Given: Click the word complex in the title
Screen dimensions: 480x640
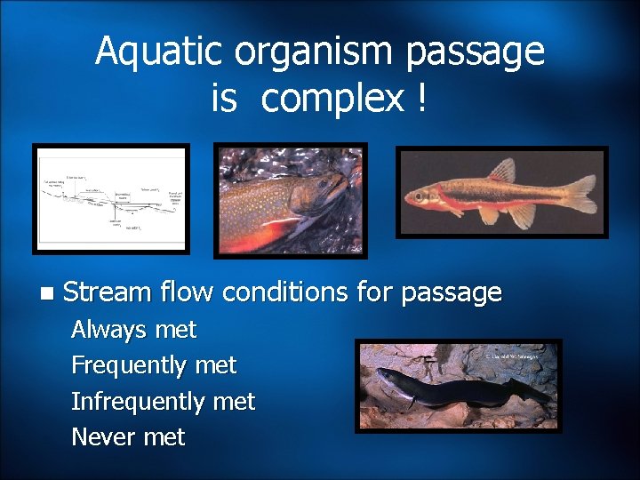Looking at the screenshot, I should coord(332,100).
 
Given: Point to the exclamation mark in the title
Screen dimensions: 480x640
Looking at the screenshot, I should coord(419,98).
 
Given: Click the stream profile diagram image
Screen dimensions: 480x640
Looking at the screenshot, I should coord(110,199).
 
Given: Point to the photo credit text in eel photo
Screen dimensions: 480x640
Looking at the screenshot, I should coord(511,356).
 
